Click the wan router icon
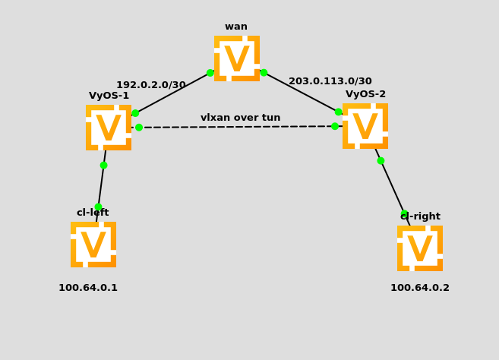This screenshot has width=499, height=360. pyautogui.click(x=236, y=58)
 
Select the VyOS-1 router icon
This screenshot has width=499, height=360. pyautogui.click(x=108, y=128)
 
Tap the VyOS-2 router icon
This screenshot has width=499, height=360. pyautogui.click(x=365, y=126)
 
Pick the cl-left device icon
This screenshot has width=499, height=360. pyautogui.click(x=93, y=245)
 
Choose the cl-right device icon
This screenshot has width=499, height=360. pyautogui.click(x=419, y=248)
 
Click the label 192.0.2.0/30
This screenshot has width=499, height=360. pyautogui.click(x=150, y=85)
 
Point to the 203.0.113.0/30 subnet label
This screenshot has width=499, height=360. pyautogui.click(x=330, y=81)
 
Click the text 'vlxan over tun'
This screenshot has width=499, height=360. pyautogui.click(x=240, y=118)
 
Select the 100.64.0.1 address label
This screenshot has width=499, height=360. pyautogui.click(x=88, y=288)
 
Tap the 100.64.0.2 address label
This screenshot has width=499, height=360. pyautogui.click(x=419, y=288)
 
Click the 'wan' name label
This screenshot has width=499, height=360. pyautogui.click(x=235, y=27)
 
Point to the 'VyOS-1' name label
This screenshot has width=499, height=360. pyautogui.click(x=109, y=96)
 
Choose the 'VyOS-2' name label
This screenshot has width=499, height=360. pyautogui.click(x=365, y=94)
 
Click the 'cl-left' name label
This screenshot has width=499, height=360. pyautogui.click(x=93, y=213)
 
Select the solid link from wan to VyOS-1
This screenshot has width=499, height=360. pyautogui.click(x=173, y=93)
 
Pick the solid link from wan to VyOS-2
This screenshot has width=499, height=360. pyautogui.click(x=301, y=92)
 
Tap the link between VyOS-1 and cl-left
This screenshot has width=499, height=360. pyautogui.click(x=101, y=185)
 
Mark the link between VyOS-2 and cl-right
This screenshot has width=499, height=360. pyautogui.click(x=392, y=187)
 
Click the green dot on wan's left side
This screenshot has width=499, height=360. pyautogui.click(x=210, y=73)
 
